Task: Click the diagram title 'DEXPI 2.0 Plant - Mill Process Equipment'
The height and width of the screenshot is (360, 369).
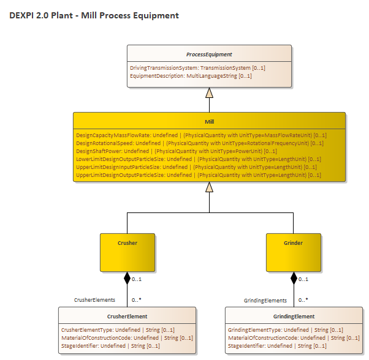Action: click(94, 15)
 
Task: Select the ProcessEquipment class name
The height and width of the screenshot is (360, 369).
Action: click(209, 54)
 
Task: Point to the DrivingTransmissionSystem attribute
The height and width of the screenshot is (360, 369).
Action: click(197, 68)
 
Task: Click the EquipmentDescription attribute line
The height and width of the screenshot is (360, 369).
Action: click(191, 76)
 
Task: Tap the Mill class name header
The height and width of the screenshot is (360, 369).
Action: click(209, 122)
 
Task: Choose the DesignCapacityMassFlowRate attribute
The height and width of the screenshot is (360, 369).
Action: click(200, 135)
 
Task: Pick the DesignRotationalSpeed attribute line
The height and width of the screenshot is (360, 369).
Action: click(199, 143)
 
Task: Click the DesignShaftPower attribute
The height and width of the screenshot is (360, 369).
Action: click(176, 151)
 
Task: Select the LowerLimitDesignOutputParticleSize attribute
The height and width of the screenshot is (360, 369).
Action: click(198, 159)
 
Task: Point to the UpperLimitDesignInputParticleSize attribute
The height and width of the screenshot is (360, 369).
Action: click(196, 167)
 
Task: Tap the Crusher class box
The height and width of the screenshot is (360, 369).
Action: click(127, 252)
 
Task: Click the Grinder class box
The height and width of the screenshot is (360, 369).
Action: click(293, 252)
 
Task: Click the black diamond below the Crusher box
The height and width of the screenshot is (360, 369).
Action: click(127, 278)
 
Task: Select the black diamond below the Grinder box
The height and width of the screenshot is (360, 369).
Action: click(293, 278)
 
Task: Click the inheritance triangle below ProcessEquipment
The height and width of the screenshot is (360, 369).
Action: click(209, 93)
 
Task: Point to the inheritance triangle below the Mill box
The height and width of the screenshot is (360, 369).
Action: click(209, 187)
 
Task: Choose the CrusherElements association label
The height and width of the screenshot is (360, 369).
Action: click(94, 301)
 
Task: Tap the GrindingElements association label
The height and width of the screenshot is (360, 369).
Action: click(265, 301)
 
